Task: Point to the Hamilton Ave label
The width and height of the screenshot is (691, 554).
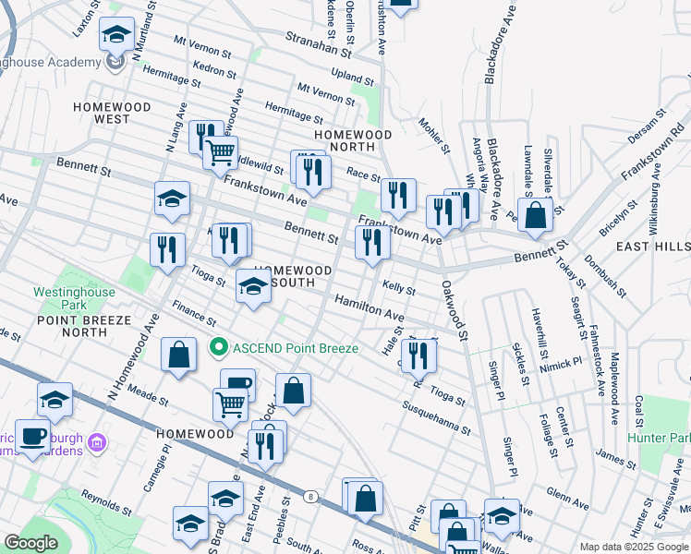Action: (370, 307)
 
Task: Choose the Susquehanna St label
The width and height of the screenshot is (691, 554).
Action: (437, 417)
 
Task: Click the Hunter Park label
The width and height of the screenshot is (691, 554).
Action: (660, 437)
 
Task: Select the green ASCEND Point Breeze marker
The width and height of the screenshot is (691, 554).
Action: (219, 348)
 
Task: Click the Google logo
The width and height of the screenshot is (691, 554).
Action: (31, 543)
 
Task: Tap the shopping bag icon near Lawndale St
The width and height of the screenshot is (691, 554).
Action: (535, 216)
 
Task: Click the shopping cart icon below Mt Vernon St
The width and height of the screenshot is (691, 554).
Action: (220, 152)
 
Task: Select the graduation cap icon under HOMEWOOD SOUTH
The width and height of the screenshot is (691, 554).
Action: (253, 287)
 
